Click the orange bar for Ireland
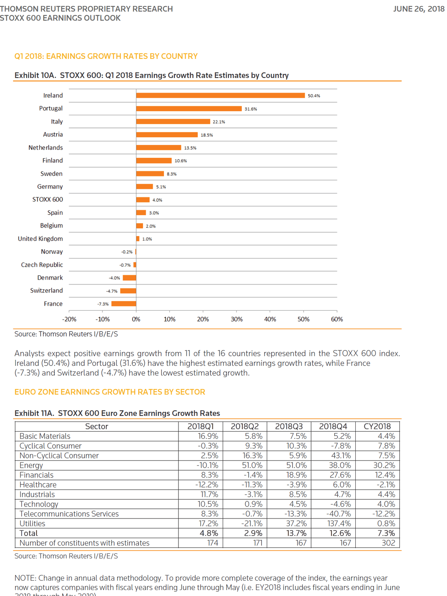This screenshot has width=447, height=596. (x=220, y=95)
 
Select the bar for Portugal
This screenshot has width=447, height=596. (x=189, y=109)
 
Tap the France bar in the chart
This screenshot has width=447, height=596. (x=124, y=304)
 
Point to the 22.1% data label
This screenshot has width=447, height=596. (x=219, y=122)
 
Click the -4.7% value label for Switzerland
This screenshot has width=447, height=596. (x=112, y=291)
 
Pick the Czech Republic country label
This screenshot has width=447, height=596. (x=42, y=265)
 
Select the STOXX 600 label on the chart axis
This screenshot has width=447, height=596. (x=47, y=200)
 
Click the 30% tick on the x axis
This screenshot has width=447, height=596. (x=237, y=319)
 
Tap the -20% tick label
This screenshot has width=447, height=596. (x=69, y=319)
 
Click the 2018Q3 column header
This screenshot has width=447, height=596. (x=289, y=426)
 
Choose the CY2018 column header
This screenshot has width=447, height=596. (x=377, y=426)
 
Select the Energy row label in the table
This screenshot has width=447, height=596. (x=31, y=465)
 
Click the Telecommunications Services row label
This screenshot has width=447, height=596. (x=69, y=514)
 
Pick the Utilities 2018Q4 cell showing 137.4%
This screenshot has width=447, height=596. (x=339, y=524)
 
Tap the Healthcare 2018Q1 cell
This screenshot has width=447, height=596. (x=207, y=485)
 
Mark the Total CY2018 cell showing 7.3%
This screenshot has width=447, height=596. (x=386, y=533)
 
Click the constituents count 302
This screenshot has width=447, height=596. (x=388, y=543)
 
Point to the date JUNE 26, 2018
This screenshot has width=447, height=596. (x=419, y=9)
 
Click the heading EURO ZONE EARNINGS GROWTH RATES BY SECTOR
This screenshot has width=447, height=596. (x=110, y=392)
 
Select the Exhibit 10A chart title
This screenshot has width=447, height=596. (x=151, y=75)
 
